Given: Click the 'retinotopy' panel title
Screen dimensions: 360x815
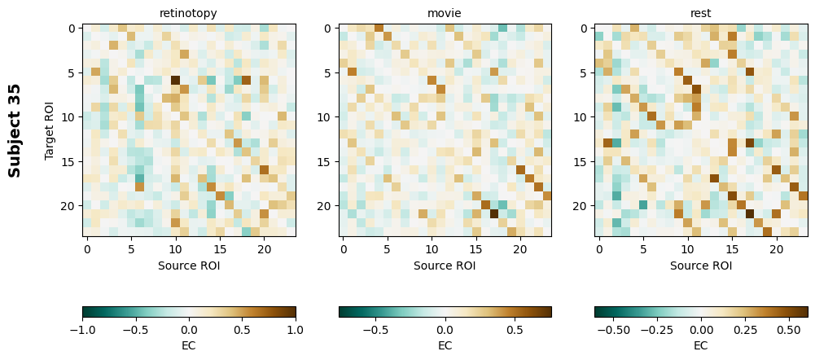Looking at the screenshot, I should click(x=189, y=13).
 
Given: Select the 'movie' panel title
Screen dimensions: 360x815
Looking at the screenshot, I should click(x=445, y=13).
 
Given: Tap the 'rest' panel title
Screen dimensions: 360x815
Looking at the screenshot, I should click(x=700, y=13).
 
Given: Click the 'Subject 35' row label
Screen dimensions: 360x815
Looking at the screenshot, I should click(x=15, y=130).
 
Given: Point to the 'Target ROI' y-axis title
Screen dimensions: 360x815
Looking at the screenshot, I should click(x=50, y=130).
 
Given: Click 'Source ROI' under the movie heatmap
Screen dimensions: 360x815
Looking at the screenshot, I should click(x=445, y=265).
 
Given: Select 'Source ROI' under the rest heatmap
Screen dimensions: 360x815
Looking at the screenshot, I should click(x=700, y=265).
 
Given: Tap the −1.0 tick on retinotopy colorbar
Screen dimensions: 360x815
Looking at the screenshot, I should click(x=82, y=329).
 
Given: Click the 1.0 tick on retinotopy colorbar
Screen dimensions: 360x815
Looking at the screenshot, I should click(x=296, y=329).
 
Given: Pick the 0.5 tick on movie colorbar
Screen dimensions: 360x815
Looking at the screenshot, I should click(x=515, y=329).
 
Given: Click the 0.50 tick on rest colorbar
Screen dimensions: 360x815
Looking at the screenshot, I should click(x=790, y=329).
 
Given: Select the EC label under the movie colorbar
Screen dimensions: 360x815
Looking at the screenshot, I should click(x=445, y=345).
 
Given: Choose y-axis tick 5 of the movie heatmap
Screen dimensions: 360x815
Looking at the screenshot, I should click(x=328, y=72).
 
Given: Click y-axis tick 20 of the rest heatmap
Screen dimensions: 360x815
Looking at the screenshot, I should click(x=584, y=205).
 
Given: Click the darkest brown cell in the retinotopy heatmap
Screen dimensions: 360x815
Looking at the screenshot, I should click(x=175, y=81).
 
